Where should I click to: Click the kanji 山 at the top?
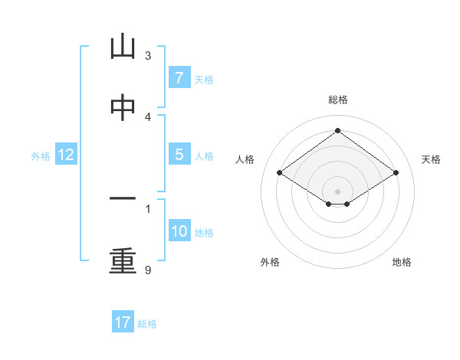pos(123,47)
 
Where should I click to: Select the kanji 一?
pos(123,198)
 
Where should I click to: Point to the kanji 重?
pos(123,260)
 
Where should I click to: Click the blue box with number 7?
pos(179,78)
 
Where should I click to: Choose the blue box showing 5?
pos(179,155)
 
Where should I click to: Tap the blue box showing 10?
pos(179,231)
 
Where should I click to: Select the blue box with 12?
pos(66,155)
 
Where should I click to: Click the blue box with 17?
pos(123,322)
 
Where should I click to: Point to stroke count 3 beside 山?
pos(148,56)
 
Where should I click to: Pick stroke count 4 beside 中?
pos(148,116)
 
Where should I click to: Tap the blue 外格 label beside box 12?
pos(41,155)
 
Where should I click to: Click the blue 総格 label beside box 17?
pos(147,323)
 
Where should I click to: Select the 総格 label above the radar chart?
pos(337,100)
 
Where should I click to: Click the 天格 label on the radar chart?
pos(431,159)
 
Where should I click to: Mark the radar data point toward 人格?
pos(280,173)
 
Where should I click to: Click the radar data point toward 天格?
pos(396,173)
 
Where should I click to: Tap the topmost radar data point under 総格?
pos(337,131)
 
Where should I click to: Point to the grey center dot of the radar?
pos(337,191)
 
